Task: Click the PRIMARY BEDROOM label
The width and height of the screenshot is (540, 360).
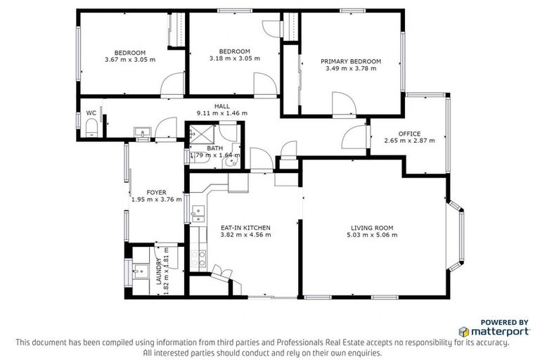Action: click(351, 62)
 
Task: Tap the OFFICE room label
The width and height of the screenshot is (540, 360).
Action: click(409, 133)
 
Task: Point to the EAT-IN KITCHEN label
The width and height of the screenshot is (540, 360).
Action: click(245, 227)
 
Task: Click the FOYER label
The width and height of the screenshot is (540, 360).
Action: click(156, 191)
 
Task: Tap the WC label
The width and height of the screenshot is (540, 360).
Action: click(91, 112)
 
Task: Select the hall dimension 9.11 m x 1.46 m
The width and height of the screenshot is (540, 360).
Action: click(221, 112)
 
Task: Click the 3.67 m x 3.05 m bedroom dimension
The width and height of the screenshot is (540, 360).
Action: click(129, 60)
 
